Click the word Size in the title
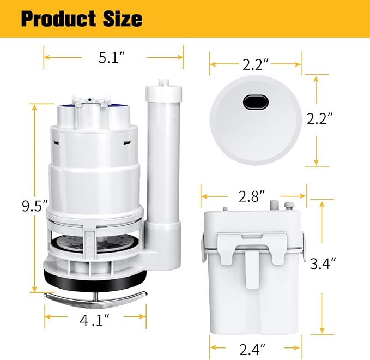pyautogui.click(x=121, y=19)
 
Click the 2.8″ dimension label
pyautogui.click(x=252, y=195)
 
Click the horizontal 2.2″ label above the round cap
pyautogui.click(x=256, y=65)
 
